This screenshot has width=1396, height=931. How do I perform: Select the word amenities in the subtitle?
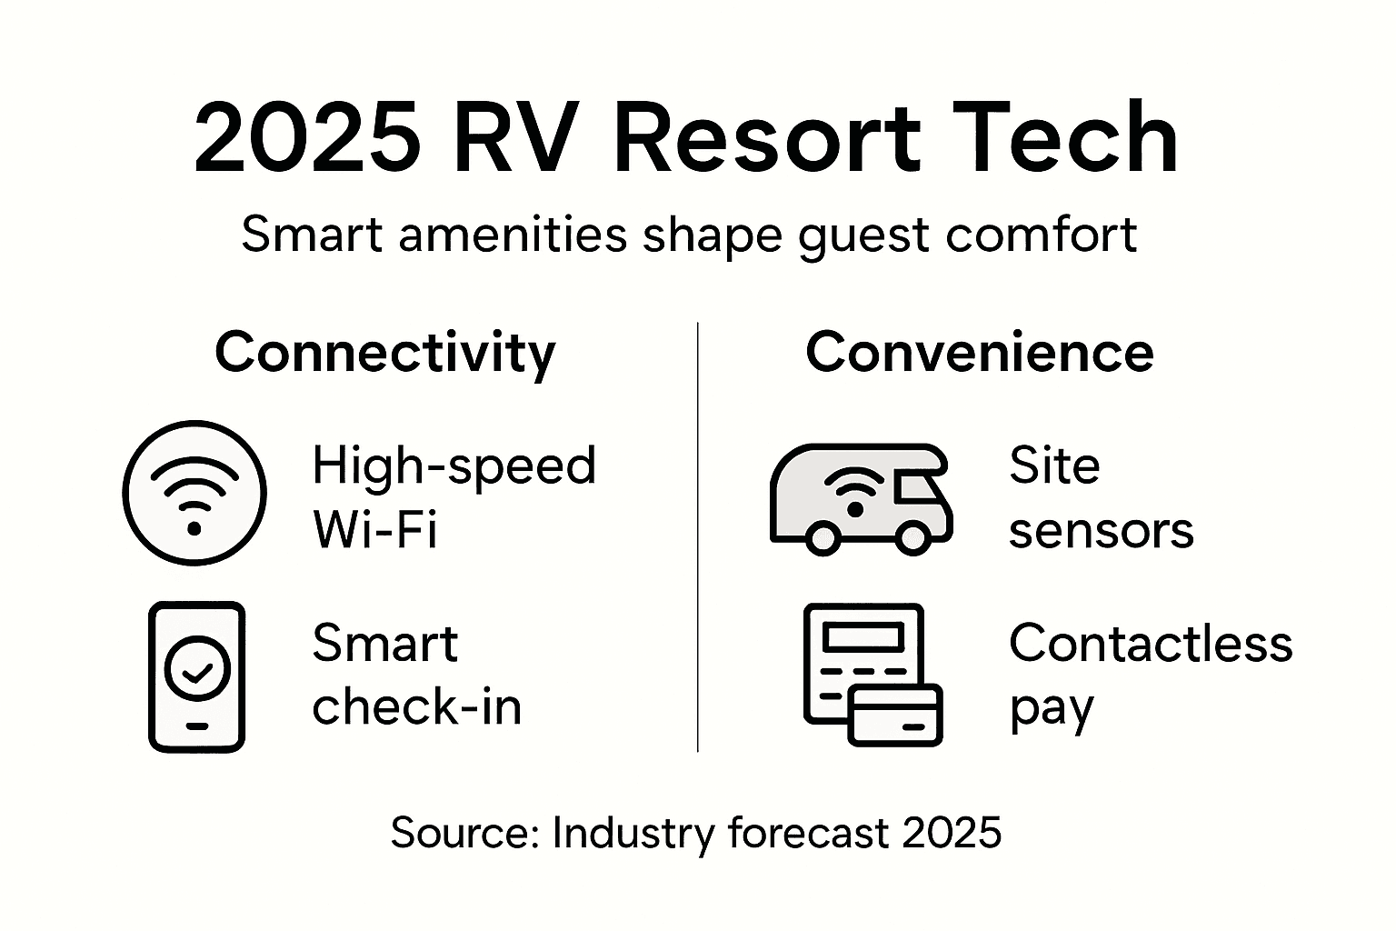pos(513,235)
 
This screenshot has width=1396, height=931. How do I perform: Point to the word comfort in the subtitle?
pos(1042,235)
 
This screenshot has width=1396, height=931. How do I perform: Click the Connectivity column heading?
pos(384,353)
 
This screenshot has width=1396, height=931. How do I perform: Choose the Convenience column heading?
pos(980,353)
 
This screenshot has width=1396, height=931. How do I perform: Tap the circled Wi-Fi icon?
pos(194,493)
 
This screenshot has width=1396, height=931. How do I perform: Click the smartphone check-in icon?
pos(196,676)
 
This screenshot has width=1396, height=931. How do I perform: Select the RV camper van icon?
pos(860,498)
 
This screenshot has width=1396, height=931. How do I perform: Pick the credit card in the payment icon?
pos(895,714)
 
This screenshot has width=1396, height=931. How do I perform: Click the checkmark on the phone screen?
pos(197,671)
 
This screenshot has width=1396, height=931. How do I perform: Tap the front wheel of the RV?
pos(911,538)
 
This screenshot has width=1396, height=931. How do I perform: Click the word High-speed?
pos(454,465)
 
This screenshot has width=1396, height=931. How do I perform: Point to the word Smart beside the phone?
pos(384,644)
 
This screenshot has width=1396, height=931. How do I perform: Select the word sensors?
pos(1101,531)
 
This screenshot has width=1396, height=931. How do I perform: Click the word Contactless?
pos(1151,644)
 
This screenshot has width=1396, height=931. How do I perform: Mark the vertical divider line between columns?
pos(697,536)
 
